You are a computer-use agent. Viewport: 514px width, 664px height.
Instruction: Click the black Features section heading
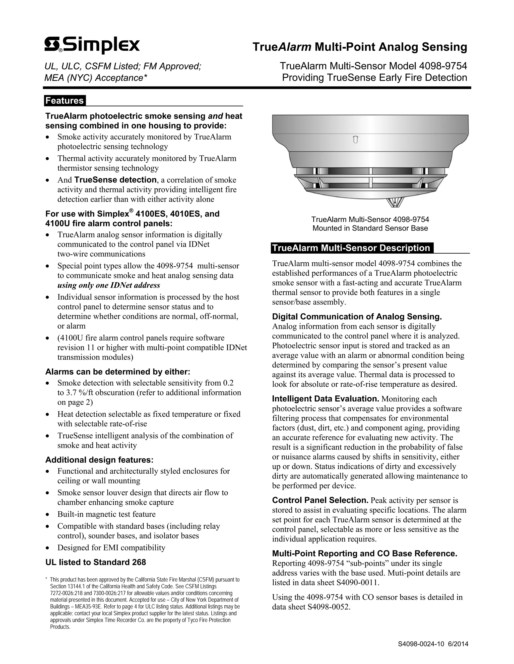tap(65, 101)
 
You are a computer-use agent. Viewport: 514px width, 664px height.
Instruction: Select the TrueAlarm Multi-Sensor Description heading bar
tap(351, 248)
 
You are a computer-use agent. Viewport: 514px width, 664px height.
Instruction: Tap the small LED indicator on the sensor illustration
tap(355, 140)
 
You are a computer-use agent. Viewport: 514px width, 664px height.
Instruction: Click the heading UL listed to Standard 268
tap(96, 562)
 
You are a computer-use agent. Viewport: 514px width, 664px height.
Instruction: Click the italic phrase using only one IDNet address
tap(109, 285)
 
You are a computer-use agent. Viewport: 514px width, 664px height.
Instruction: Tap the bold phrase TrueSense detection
tap(115, 180)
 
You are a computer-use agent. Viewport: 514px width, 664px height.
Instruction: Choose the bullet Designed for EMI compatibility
tap(111, 547)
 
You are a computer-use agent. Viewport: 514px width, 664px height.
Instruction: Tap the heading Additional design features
tap(99, 460)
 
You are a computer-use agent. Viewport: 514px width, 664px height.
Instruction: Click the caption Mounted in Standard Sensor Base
tap(370, 228)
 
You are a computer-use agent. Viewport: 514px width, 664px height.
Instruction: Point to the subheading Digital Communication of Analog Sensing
tap(357, 317)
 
